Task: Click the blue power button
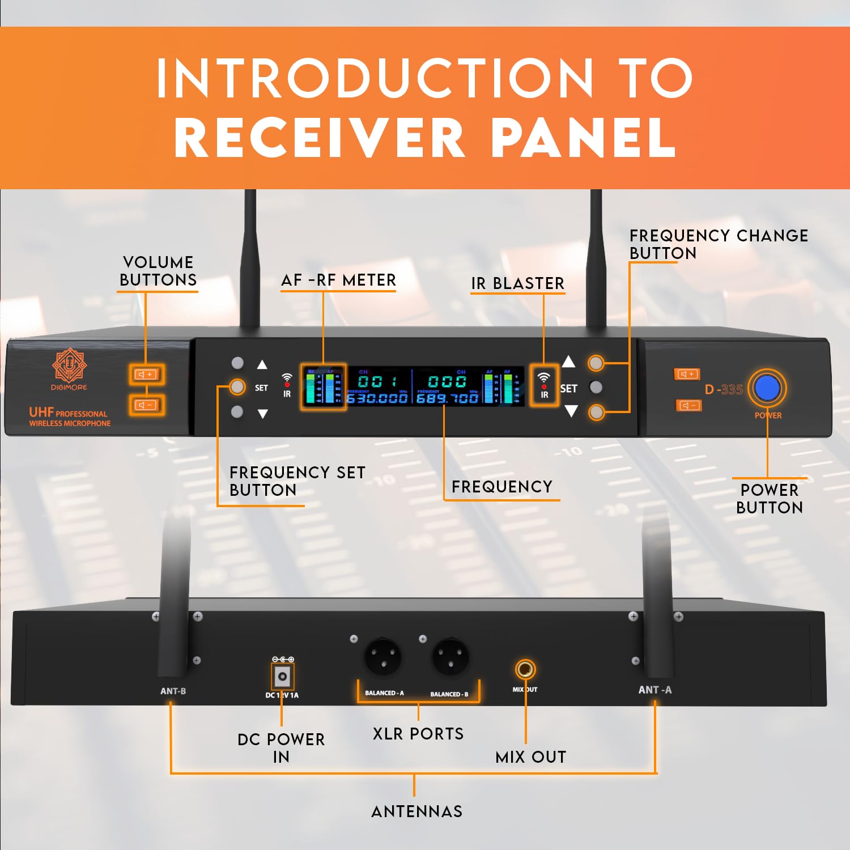pos(768,388)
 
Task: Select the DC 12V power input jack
pos(282,676)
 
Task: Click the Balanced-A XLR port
pos(382,657)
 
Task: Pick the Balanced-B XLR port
pos(450,657)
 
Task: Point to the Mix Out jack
pos(525,669)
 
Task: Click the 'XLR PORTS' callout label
pos(418,734)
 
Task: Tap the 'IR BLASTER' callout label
pos(517,283)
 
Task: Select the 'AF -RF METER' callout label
pos(338,280)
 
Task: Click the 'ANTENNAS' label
pos(416,811)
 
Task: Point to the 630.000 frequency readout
pos(377,398)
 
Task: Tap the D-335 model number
pos(724,389)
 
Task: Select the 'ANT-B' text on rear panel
pos(173,691)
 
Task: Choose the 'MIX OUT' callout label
pos(530,757)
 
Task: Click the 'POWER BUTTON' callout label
pos(770,499)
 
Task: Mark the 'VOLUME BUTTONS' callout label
pos(158,271)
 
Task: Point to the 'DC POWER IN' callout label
pos(281,748)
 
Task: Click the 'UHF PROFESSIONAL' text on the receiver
pos(68,413)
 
